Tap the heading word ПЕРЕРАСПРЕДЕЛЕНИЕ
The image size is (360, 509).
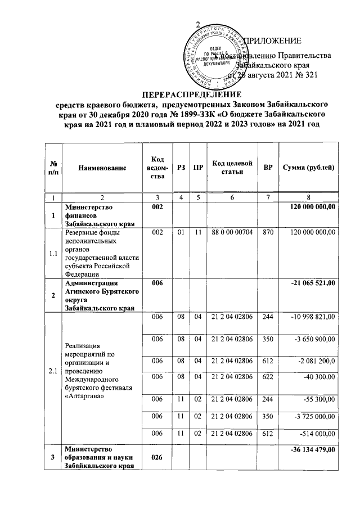pos(191,94)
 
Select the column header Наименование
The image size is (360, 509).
pos(102,168)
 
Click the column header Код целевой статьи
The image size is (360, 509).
pos(232,167)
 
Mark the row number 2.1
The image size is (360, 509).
pos(52,372)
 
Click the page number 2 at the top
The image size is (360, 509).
pos(197,24)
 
